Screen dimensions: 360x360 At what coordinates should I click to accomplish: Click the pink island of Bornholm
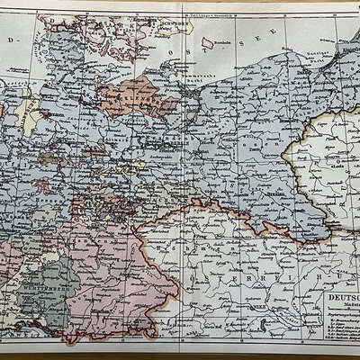pos(206,42)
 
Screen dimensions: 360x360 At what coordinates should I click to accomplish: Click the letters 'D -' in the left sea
pos(13,41)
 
